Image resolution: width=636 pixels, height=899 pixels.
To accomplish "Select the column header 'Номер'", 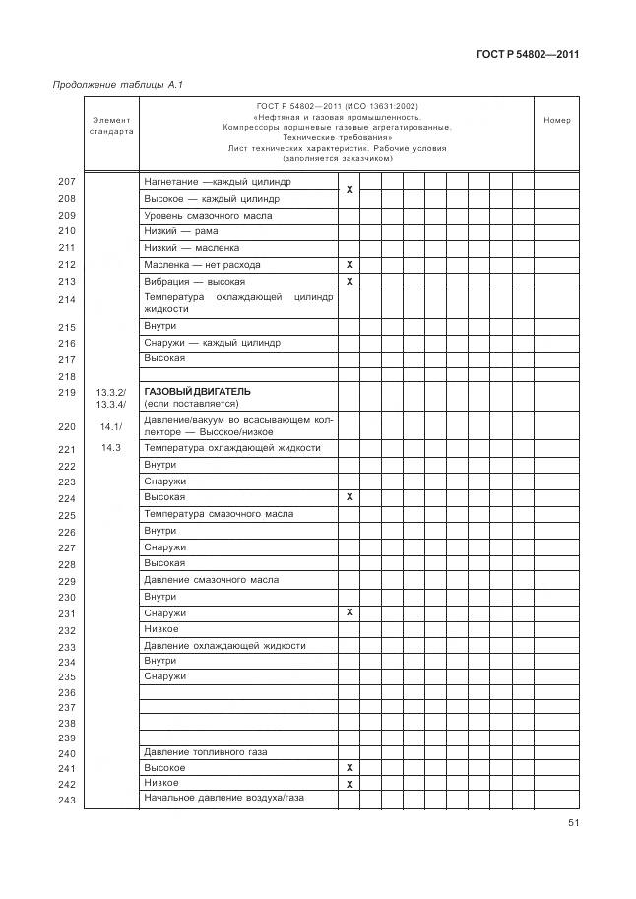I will [556, 121].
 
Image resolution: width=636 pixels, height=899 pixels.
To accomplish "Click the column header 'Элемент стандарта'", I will [111, 125].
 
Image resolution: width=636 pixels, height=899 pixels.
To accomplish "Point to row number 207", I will [67, 182].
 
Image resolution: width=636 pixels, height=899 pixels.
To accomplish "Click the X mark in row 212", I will [350, 265].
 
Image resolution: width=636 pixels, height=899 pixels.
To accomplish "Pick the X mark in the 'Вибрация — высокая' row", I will [350, 282].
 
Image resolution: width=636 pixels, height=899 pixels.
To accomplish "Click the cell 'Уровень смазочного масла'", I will [208, 215].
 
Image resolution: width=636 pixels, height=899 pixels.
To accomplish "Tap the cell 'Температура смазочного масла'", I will [219, 514].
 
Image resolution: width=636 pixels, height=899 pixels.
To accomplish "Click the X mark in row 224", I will [350, 498].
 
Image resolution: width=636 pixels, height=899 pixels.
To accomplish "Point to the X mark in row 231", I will [350, 612].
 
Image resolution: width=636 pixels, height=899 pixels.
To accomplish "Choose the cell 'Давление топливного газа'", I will [206, 752].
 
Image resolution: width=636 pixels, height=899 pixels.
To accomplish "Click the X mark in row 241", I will [350, 768].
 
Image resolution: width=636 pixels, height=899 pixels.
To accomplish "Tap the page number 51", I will [572, 824].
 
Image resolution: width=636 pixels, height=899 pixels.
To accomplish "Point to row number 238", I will [67, 723].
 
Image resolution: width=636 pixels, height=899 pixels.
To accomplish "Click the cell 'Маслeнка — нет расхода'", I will [204, 265].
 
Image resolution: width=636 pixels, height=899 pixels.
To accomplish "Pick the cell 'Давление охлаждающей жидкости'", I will [224, 646].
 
